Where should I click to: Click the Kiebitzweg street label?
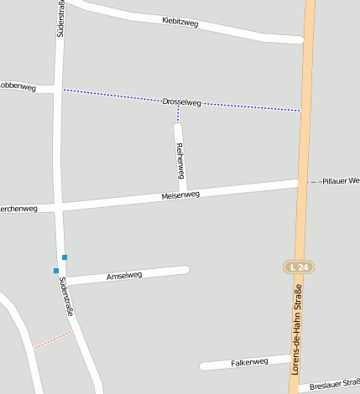point(180,23)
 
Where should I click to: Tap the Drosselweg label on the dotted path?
point(182,102)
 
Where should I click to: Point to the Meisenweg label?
point(180,194)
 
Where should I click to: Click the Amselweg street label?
point(124,275)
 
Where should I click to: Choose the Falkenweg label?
point(249,362)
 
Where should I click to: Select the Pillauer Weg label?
point(340,180)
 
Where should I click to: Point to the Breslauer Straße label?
point(334,384)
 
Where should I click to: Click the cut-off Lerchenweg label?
point(18,209)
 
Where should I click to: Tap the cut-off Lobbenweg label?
point(16,85)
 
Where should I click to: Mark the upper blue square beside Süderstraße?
point(64,257)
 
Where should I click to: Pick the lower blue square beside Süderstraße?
point(56,270)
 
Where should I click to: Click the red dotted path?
point(53,339)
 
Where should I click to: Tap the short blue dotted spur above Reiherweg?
point(178,114)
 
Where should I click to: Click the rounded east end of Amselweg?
point(185,269)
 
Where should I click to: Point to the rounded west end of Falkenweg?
point(203,365)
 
